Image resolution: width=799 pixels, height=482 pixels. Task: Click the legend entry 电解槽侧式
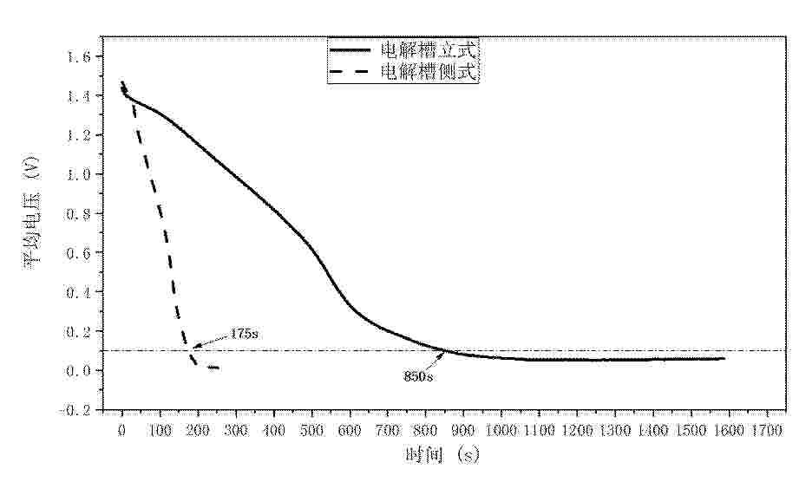point(430,72)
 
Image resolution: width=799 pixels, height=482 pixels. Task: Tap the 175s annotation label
point(245,333)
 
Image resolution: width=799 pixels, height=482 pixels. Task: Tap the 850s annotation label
point(417,376)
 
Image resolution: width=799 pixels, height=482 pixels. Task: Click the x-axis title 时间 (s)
point(442,454)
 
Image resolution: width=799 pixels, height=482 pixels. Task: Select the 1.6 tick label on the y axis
point(79,57)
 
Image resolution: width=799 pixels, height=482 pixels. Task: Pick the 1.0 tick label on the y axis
point(79,174)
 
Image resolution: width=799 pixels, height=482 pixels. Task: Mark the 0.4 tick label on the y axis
point(79,292)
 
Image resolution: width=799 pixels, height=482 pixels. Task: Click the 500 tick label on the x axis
point(311,428)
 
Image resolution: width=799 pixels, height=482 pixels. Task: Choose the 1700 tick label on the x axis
point(765,428)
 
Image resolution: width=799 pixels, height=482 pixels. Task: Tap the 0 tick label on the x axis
point(121,428)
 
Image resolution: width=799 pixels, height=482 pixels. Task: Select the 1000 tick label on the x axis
point(501,428)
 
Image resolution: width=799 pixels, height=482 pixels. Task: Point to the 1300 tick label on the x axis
point(614,428)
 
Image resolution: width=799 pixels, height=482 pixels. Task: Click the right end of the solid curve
point(724,358)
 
